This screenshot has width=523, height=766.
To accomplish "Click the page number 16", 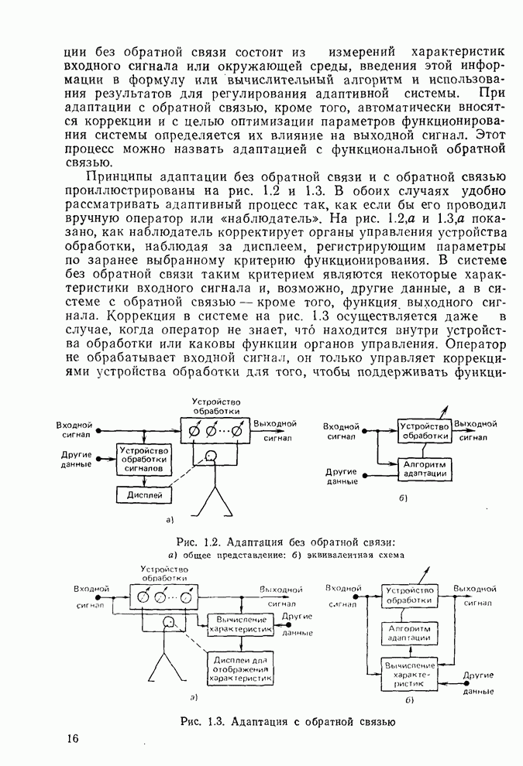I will [72, 738].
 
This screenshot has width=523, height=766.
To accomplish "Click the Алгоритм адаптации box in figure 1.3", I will [408, 634].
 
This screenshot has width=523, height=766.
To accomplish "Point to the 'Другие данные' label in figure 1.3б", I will [478, 682].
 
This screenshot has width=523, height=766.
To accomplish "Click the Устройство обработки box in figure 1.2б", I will [425, 431].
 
